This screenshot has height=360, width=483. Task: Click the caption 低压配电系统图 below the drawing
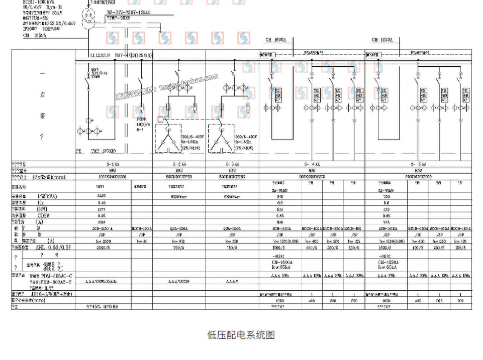[x=241, y=335]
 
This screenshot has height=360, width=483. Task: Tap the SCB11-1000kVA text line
[x=41, y=3]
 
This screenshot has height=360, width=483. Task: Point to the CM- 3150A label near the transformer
[x=35, y=36]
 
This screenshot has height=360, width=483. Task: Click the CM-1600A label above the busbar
[x=275, y=40]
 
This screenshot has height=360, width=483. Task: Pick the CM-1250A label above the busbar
[x=382, y=40]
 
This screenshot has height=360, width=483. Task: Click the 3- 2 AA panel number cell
[x=179, y=164]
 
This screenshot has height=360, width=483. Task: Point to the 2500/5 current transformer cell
[x=104, y=248]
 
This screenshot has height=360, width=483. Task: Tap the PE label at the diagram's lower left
[x=78, y=150]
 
